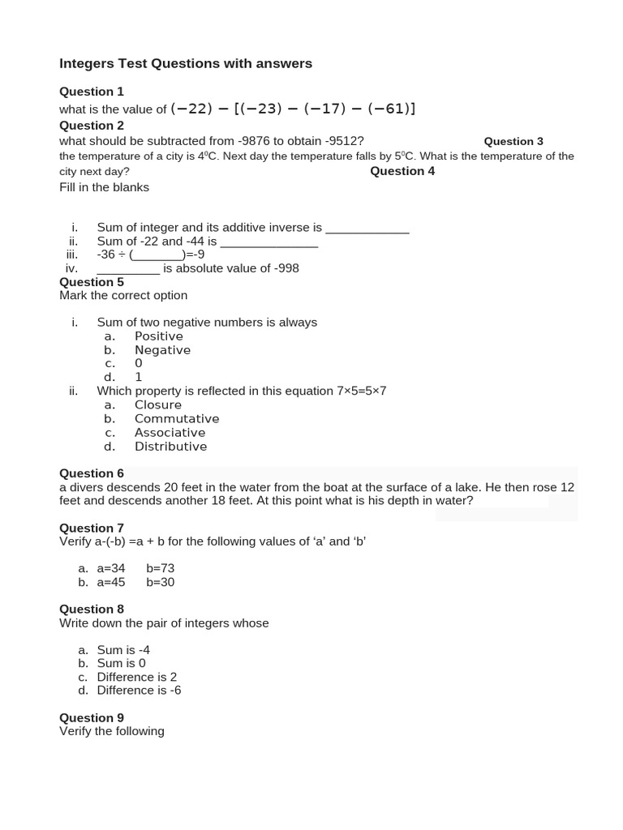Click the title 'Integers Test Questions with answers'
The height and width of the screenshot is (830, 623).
coord(186,63)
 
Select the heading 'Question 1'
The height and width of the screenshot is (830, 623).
coord(92,92)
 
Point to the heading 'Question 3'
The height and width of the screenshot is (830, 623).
coord(513,141)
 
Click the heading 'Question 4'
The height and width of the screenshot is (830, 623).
coord(402,171)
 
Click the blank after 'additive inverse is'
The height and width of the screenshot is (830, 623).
coord(367,229)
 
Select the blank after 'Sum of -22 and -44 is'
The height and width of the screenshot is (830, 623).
coord(269,242)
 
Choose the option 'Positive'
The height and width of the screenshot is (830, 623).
coord(159,336)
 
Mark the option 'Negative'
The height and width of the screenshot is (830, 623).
coord(162,350)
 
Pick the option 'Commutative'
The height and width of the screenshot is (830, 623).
coord(177,419)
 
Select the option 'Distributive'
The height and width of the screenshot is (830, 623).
coord(170,447)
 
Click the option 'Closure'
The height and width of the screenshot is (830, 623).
coord(158,405)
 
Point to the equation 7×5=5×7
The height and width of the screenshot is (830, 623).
coord(361,391)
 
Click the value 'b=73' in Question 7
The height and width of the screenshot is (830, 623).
coord(161,568)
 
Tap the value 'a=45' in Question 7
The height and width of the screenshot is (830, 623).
coord(111,582)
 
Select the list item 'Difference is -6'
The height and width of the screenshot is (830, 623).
coord(139,691)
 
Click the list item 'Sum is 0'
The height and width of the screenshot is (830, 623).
coord(121,663)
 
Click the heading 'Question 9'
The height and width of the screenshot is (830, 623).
coord(92,717)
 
